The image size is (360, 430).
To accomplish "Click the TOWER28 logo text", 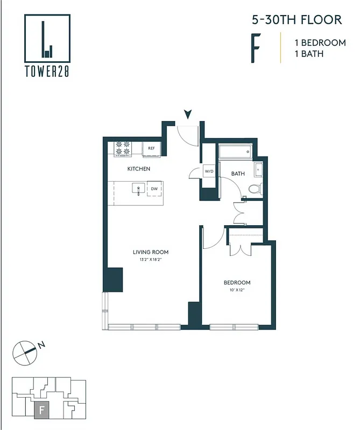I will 47,71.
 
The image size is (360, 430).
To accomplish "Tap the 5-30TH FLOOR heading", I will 297,20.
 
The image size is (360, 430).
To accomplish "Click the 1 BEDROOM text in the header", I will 320,42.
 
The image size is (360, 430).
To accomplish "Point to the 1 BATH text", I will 308,54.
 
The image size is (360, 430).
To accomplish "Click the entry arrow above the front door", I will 188,113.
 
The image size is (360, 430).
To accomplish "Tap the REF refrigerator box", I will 152,148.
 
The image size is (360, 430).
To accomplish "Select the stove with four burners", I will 123,149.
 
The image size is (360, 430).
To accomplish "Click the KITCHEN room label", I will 138,169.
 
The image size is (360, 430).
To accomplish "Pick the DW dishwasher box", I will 154,189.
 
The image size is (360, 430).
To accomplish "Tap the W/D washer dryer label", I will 209,172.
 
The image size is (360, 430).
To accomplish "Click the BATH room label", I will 238,174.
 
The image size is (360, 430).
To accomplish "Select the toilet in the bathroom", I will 255,189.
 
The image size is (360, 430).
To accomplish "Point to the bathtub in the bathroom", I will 235,152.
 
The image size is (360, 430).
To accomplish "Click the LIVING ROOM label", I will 151,252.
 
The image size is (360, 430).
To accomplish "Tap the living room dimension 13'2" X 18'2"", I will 151,259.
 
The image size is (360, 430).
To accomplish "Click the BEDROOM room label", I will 237,283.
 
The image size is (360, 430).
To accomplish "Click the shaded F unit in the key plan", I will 42,411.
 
